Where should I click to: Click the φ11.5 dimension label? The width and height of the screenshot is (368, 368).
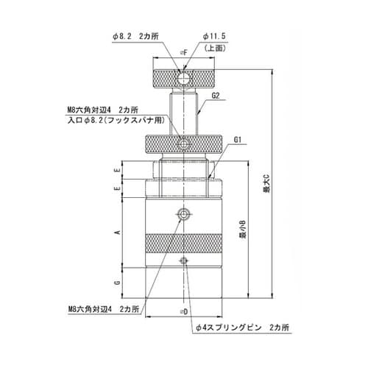213,35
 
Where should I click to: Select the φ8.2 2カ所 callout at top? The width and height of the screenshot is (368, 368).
147,35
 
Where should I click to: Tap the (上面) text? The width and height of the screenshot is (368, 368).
214,48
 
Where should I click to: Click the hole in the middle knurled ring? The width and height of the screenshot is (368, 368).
183,142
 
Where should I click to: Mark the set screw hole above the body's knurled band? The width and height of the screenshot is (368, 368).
183,214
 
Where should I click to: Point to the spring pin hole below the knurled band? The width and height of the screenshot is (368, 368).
183,261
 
